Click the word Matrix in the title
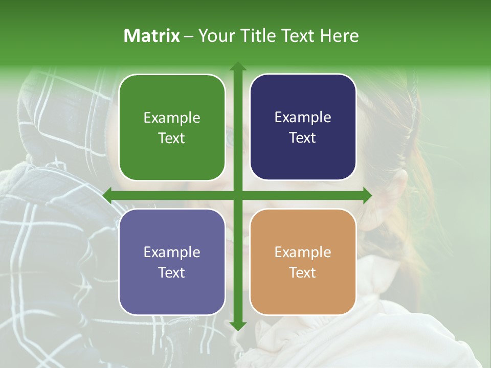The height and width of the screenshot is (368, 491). (152, 36)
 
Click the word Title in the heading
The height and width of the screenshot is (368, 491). (262, 36)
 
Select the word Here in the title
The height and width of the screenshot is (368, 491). (340, 36)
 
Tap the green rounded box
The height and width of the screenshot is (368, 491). (172, 127)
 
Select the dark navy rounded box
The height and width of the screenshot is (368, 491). (303, 127)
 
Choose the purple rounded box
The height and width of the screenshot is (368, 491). (172, 262)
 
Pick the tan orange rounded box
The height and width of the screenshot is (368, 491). (303, 262)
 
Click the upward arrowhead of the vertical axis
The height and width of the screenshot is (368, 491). (237, 66)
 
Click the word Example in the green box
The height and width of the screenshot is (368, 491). (172, 118)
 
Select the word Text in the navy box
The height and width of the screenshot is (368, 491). (303, 138)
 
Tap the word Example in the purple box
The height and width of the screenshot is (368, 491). (172, 252)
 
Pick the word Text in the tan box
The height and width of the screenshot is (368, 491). (303, 272)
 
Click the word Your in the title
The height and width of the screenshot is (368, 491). (214, 36)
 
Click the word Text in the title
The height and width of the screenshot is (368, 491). (301, 36)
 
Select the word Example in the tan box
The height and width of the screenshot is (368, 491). (303, 252)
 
